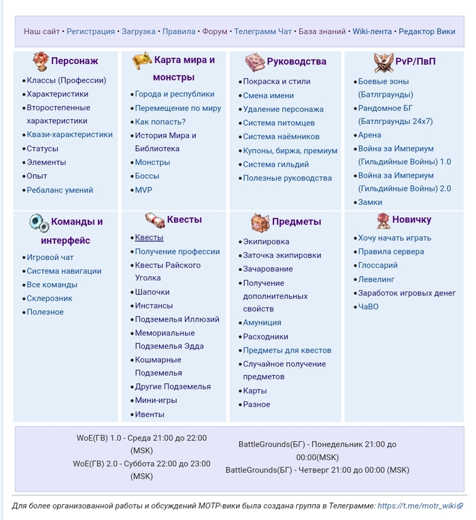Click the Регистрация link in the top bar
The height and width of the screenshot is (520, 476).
point(90,31)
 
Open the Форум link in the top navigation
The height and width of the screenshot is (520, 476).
point(214,31)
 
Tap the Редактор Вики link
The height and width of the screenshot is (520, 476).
point(426,31)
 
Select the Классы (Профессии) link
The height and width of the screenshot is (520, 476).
point(66,80)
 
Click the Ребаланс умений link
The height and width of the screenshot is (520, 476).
point(59,190)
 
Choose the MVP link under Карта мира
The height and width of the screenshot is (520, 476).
point(143,190)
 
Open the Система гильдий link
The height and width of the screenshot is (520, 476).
point(275,164)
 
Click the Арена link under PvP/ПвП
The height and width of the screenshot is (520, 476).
point(369,135)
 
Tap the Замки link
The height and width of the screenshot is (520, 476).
point(370,202)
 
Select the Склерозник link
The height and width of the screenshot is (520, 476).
point(49,298)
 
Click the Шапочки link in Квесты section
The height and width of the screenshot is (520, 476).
point(152,292)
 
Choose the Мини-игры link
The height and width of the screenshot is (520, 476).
point(156,400)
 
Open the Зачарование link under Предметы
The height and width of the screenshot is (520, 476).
point(268,269)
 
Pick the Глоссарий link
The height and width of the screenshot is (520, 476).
point(377,265)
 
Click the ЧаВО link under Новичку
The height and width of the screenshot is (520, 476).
point(368,307)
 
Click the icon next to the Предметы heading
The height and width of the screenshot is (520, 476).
point(260,222)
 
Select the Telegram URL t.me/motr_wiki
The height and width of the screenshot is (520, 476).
point(417,506)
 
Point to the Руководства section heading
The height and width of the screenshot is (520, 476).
point(296,61)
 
